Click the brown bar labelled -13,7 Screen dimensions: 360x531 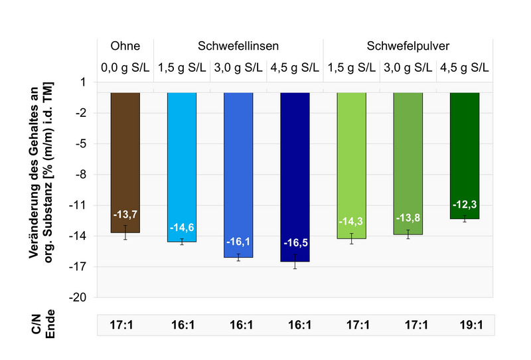pos(125,163)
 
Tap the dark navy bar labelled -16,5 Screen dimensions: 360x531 pos(295,177)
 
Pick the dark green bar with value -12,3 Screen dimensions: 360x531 pos(465,155)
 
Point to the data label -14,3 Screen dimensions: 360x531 pos(351,221)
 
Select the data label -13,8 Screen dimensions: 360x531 pos(408,218)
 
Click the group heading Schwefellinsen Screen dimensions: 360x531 pos(238,46)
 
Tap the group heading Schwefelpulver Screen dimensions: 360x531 pos(408,46)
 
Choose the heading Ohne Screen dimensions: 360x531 pos(125,46)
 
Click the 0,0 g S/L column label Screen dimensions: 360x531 pos(125,67)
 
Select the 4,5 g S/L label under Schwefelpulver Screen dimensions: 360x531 pos(465,67)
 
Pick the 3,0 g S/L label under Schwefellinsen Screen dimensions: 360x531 pos(238,67)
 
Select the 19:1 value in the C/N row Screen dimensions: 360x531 pos(465,326)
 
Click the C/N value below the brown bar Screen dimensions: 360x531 pos(125,326)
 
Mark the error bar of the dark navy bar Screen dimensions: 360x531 pos(295,261)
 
